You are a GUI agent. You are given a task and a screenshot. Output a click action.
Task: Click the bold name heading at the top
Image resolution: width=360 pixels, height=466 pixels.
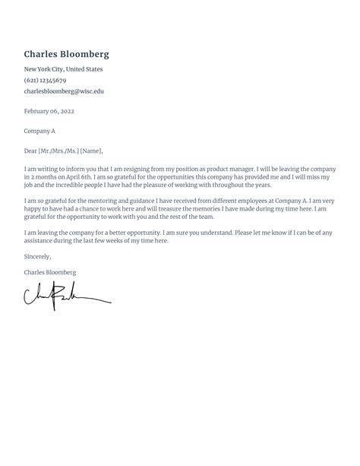click(67, 54)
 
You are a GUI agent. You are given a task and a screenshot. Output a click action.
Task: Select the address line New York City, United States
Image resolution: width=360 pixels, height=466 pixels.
click(63, 69)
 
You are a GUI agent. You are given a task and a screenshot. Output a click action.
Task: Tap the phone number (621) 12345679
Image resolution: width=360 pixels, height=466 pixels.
click(45, 80)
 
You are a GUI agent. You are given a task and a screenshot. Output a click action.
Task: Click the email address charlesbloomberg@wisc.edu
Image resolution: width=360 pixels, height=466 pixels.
click(64, 91)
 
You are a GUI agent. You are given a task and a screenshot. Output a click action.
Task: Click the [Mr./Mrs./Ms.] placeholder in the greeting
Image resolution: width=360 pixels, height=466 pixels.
click(58, 151)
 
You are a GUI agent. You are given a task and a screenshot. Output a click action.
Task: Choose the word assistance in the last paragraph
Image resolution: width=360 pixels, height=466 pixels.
click(38, 241)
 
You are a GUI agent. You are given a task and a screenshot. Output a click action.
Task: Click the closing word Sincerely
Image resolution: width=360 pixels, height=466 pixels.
click(38, 256)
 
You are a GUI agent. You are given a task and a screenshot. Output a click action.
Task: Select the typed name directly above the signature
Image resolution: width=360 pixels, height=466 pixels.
click(50, 271)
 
